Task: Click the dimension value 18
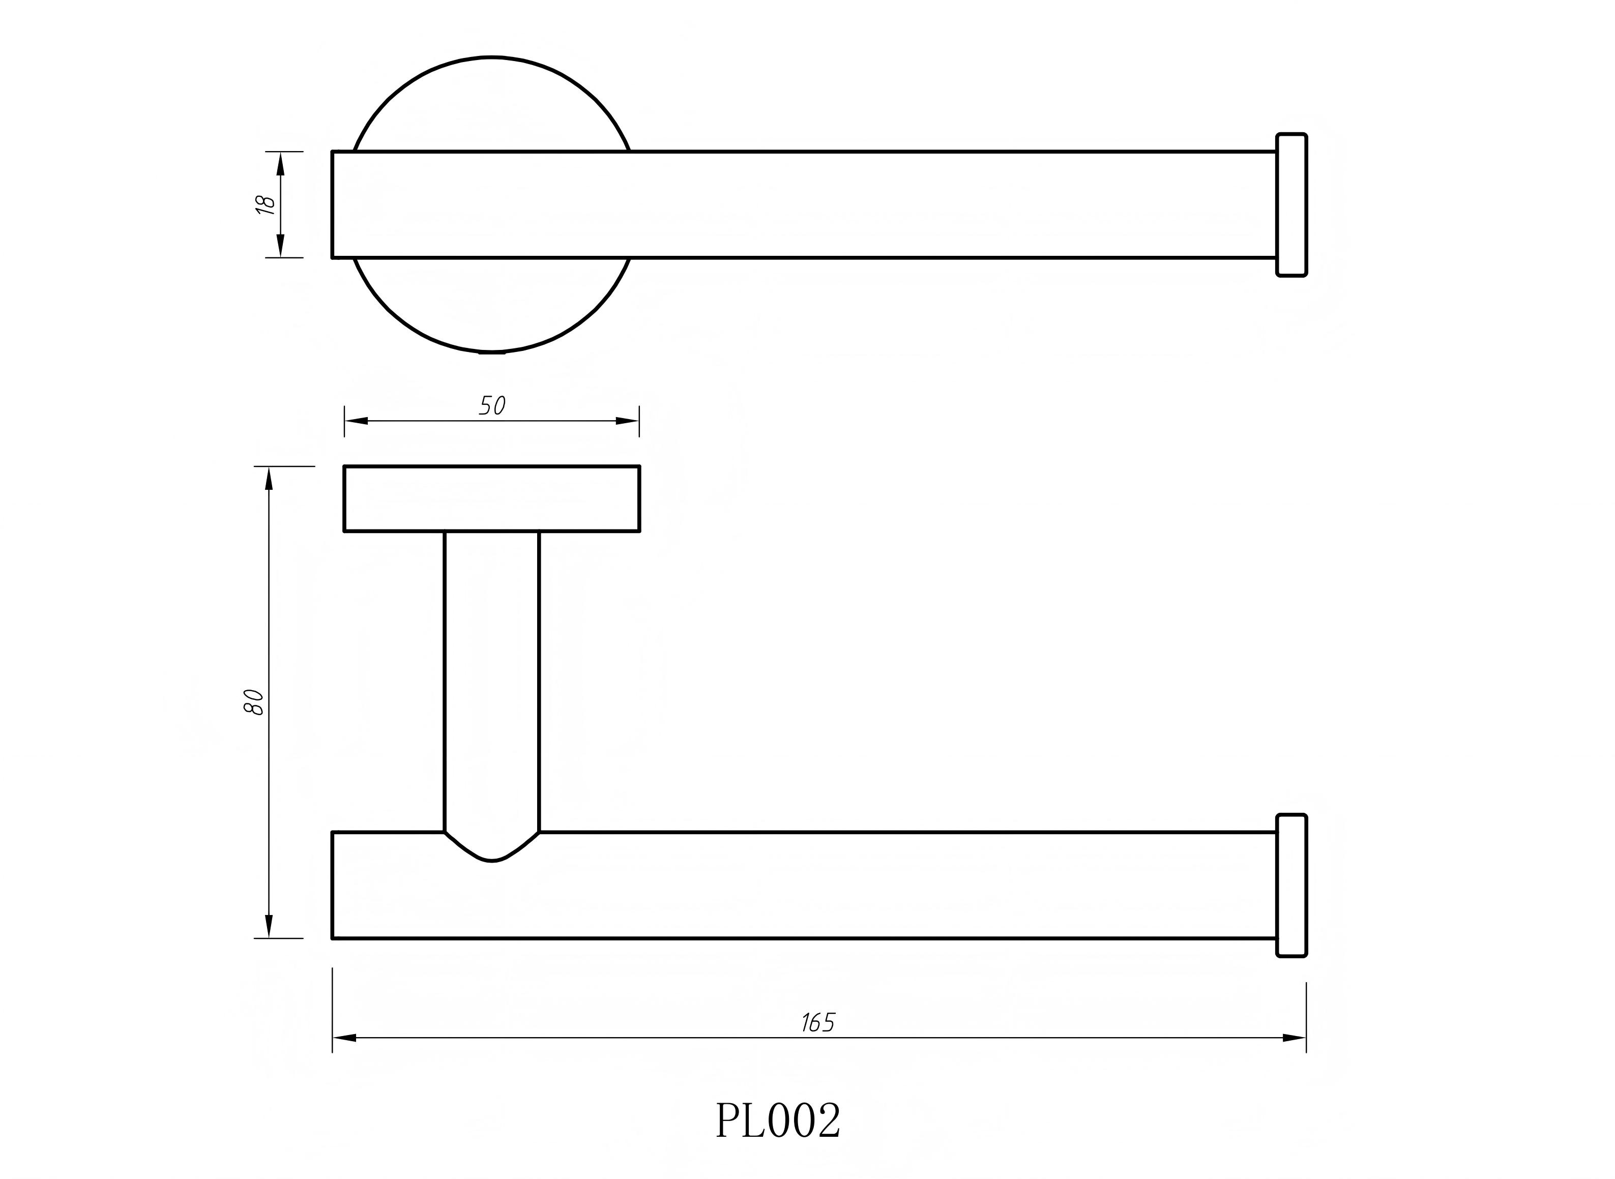click(x=266, y=205)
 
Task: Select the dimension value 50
click(x=492, y=405)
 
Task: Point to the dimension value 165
click(x=818, y=1023)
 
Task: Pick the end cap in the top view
click(x=1291, y=205)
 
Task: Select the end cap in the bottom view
click(x=1291, y=885)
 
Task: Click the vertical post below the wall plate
click(x=492, y=678)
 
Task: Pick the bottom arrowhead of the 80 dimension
click(x=269, y=926)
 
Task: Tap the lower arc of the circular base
click(x=492, y=350)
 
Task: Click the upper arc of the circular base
click(x=492, y=57)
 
